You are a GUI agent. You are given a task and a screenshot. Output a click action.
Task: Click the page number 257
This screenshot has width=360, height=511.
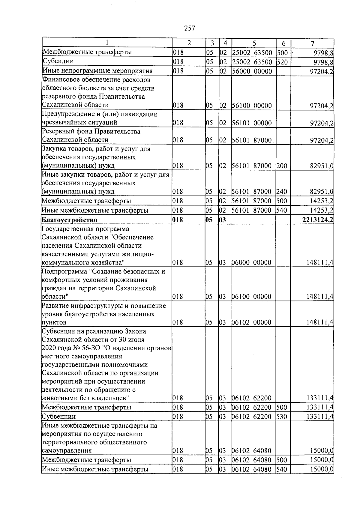[x=189, y=28]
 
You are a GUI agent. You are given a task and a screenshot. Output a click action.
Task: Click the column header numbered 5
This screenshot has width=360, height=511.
[x=254, y=43]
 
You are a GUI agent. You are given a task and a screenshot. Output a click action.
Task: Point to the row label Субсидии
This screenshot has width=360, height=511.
[x=58, y=61]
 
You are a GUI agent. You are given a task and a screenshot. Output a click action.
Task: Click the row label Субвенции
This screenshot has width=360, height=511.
[x=59, y=417]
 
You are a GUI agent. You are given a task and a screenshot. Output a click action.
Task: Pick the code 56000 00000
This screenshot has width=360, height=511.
[x=252, y=71]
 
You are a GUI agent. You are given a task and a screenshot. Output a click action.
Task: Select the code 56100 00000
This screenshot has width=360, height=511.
[x=252, y=106]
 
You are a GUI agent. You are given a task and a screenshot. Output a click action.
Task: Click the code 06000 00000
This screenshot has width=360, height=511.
[x=252, y=263]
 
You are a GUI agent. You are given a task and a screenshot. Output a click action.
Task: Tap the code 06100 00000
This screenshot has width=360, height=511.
[x=252, y=297]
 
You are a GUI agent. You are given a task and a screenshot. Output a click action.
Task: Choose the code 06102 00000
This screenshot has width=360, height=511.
[x=252, y=323]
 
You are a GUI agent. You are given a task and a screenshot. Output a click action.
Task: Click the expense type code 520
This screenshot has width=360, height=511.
[x=282, y=62]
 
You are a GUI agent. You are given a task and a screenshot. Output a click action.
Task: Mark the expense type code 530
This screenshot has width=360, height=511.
[x=282, y=417]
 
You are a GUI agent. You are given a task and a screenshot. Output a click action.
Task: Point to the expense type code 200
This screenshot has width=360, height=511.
[x=282, y=166]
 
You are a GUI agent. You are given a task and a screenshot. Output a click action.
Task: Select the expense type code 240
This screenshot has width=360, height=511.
[x=282, y=192]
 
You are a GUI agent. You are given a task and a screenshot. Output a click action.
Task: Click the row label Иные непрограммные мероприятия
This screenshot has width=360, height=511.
[x=97, y=71]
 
